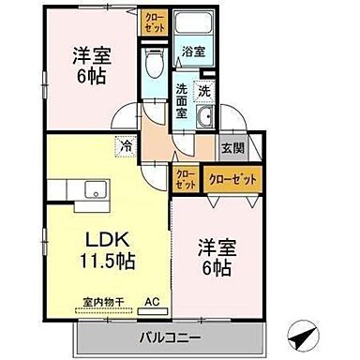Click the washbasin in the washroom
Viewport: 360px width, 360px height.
206,119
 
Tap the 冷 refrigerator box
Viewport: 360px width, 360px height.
125,146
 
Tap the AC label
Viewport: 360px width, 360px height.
151,304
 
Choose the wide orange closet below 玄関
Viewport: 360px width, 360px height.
231,175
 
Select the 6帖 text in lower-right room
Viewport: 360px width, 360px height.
217,271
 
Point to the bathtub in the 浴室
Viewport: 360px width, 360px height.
194,27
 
